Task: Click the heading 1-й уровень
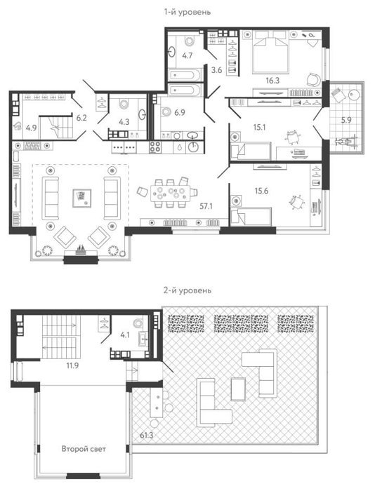coord(187,12)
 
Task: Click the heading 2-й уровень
coord(187,290)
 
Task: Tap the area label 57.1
coord(206,206)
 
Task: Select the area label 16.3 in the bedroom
coord(272,81)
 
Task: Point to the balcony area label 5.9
coord(346,120)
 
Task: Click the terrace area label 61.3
coord(147,435)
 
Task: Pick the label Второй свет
coord(84,449)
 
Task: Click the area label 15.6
coord(261,191)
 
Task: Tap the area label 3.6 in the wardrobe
coord(216,70)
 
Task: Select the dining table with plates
coord(170,194)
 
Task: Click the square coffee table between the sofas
coord(82,198)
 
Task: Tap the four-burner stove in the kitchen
coord(155,147)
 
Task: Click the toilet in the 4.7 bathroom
coord(190,41)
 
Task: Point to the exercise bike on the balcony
coord(346,142)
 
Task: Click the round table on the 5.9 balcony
coord(355,95)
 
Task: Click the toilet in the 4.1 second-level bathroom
coord(138,322)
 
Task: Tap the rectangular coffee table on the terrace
coord(238,389)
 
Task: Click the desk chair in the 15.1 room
coord(293,137)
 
